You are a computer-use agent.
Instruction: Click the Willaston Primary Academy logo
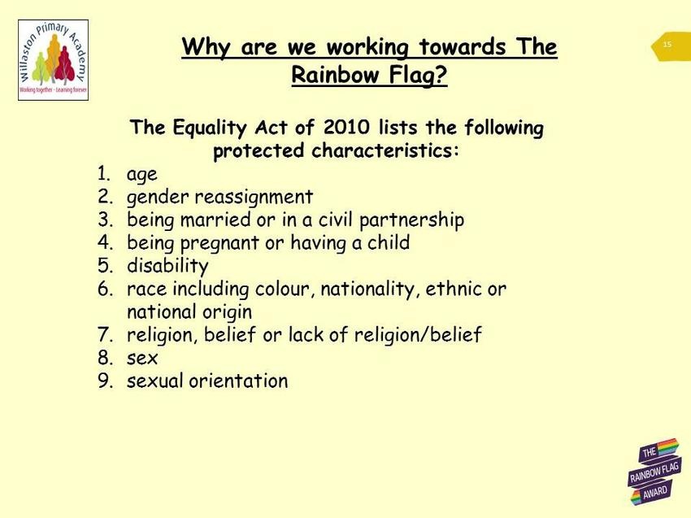[x=54, y=60]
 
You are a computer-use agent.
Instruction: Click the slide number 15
[x=667, y=44]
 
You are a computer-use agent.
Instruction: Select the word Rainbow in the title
[x=336, y=74]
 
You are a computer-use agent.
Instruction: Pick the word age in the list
[x=142, y=175]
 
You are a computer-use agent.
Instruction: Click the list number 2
[x=105, y=196]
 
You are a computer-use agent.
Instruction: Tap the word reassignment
[x=254, y=197]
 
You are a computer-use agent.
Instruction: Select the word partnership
[x=411, y=220]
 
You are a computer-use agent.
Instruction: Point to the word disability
[x=167, y=266]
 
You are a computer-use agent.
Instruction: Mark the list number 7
[x=105, y=334]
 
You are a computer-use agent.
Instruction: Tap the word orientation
[x=238, y=381]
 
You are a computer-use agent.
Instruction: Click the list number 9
[x=105, y=381]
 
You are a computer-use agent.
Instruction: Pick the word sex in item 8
[x=142, y=358]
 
